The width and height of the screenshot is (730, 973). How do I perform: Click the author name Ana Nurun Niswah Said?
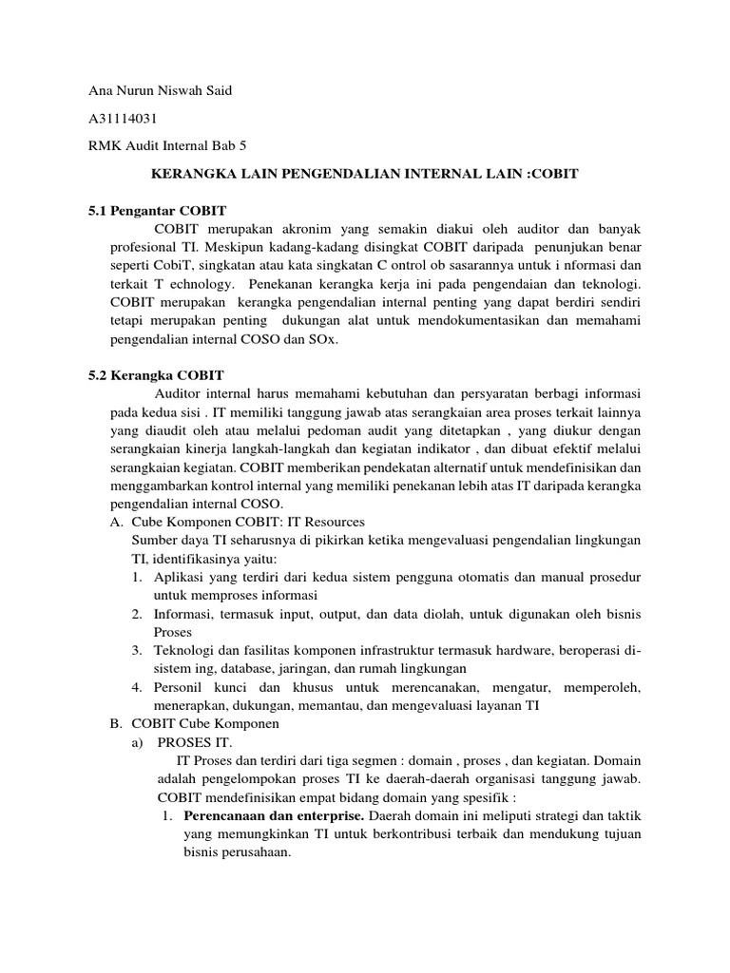(x=160, y=91)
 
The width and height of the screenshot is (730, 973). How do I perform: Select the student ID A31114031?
(x=122, y=119)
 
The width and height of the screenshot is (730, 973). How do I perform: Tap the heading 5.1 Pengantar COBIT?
(x=157, y=210)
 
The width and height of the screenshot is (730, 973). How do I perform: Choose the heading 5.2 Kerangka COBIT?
(x=156, y=375)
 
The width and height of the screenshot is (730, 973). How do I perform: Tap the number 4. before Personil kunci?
(x=137, y=687)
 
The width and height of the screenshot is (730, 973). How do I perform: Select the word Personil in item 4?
(x=179, y=687)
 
